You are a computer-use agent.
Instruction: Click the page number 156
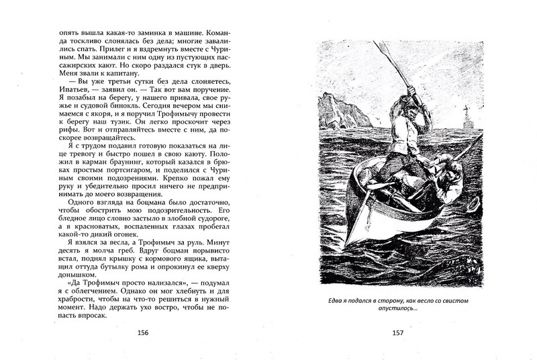[x=142, y=332]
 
